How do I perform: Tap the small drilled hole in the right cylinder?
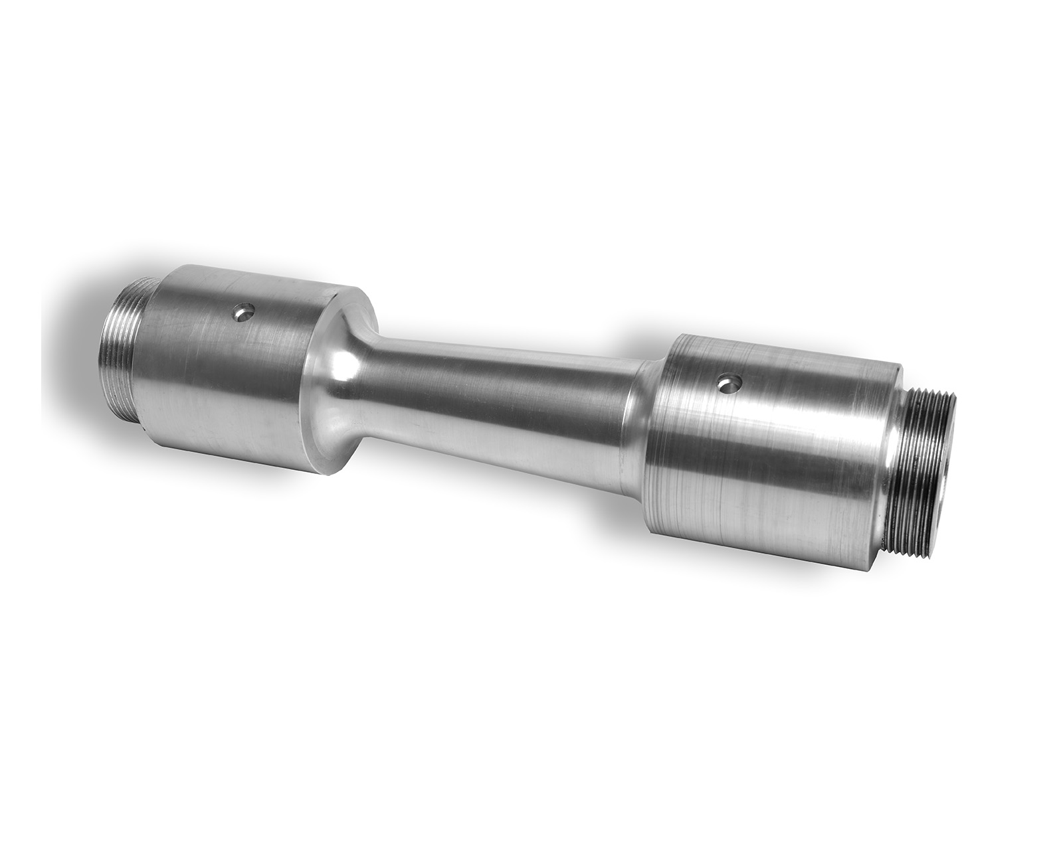point(730,383)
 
